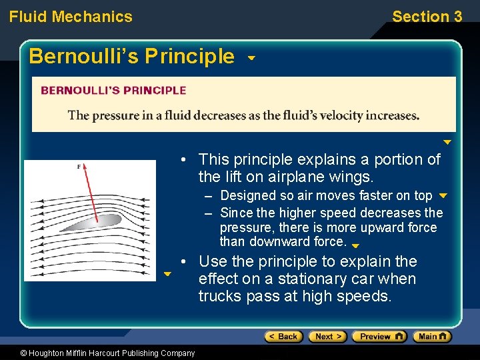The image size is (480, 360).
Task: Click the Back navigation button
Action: (283, 337)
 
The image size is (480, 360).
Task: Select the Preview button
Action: (379, 337)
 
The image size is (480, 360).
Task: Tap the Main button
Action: (432, 337)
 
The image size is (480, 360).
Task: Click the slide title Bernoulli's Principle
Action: (131, 56)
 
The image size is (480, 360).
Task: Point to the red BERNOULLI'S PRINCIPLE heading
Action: (113, 91)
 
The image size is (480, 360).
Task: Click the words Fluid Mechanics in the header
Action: (71, 17)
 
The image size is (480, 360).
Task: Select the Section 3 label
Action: (427, 17)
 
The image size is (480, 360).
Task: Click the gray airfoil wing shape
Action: (100, 221)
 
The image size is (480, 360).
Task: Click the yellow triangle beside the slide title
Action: (251, 58)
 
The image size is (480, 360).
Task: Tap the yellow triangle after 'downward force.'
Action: (355, 246)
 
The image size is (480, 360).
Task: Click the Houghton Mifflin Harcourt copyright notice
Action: (98, 353)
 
